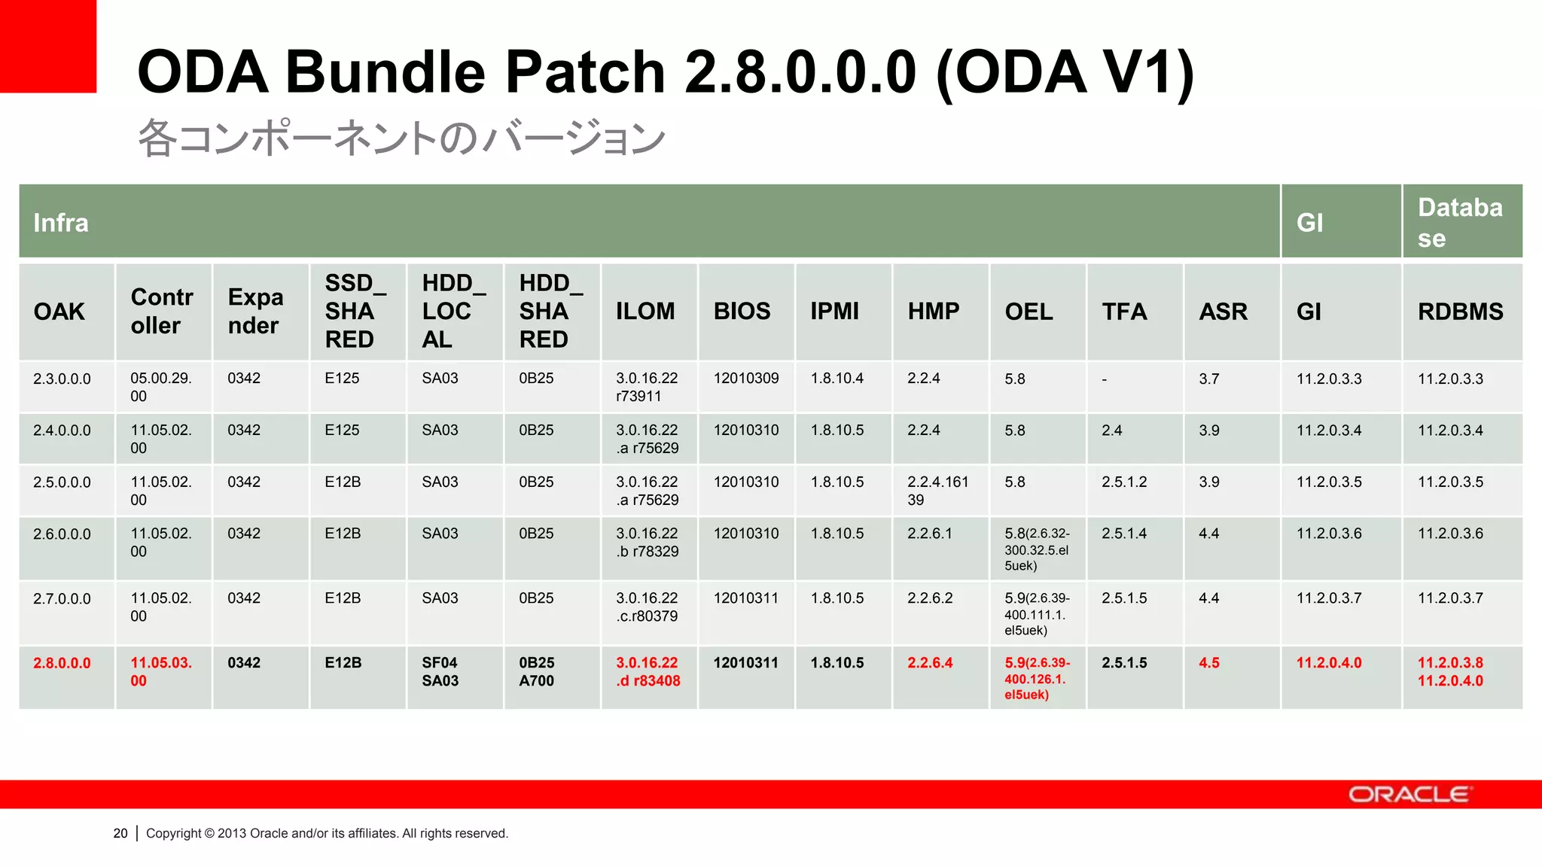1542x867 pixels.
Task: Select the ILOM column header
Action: (645, 311)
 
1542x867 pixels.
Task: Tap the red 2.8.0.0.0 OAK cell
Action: (62, 663)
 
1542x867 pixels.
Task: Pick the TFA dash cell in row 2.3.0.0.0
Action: (1104, 379)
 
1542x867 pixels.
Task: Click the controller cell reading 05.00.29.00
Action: (160, 387)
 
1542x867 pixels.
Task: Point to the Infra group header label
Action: (61, 223)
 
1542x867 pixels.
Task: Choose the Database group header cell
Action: (1460, 222)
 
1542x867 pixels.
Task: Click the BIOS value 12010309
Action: (745, 379)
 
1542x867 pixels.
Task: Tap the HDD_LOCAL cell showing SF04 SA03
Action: (440, 671)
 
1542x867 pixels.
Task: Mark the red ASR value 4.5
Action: (1208, 663)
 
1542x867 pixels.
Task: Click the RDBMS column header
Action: (1460, 311)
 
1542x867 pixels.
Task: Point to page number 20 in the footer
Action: (120, 833)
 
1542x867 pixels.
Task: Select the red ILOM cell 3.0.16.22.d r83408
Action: (648, 671)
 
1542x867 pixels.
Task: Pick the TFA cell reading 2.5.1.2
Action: (1124, 482)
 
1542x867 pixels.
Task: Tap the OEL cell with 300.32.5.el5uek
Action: (1037, 549)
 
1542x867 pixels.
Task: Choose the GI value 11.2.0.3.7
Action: (1328, 598)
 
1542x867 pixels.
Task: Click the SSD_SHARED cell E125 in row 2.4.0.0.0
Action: (342, 430)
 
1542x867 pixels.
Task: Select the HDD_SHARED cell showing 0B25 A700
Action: (536, 671)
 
